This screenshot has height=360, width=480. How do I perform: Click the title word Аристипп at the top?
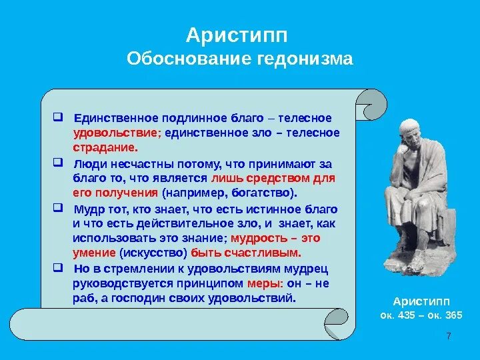point(237,35)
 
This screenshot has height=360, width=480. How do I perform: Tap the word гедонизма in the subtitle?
point(305,59)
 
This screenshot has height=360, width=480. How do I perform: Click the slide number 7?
point(449,336)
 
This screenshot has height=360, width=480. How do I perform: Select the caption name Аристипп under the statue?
point(421,301)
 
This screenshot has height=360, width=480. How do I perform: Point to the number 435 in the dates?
point(406,315)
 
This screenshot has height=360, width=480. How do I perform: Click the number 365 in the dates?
point(453,315)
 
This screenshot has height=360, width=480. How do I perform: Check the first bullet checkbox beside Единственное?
point(58,117)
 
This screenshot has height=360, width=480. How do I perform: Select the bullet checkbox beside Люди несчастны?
point(58,162)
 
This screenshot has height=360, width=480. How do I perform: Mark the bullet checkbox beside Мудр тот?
point(58,208)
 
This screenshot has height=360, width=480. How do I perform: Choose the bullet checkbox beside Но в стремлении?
point(58,267)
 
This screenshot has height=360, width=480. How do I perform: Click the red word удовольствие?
point(117,133)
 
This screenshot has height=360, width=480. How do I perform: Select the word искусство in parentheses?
point(153,253)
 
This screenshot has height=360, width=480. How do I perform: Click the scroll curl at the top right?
point(371,105)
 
